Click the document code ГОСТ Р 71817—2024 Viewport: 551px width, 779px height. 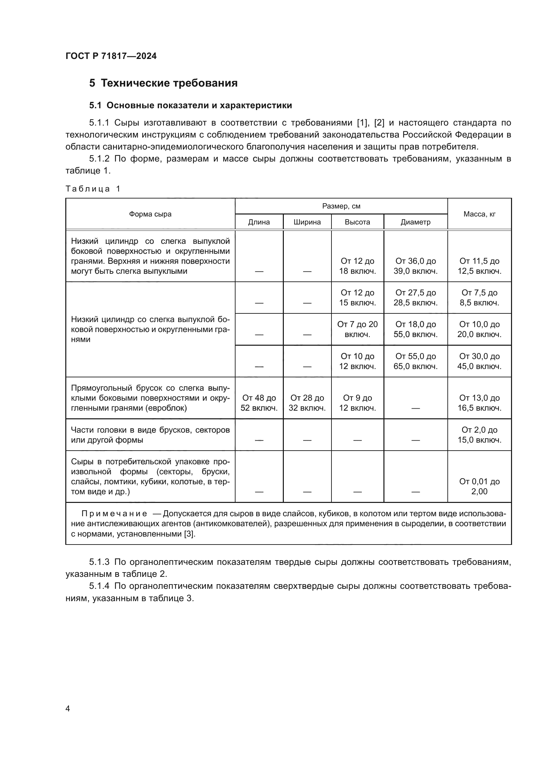pos(111,56)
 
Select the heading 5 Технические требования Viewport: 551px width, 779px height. pos(163,83)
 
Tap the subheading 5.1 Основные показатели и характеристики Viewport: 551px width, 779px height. pos(190,106)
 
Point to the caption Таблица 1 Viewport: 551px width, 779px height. pos(93,189)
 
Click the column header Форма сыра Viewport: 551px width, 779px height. pos(150,214)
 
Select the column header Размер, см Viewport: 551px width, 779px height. pos(341,206)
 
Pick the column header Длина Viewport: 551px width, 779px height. pos(259,222)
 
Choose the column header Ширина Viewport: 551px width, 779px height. pos(307,222)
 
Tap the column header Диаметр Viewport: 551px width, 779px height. pos(415,222)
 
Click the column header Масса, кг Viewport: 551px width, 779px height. pos(479,214)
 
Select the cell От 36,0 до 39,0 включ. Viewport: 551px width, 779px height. pos(415,266)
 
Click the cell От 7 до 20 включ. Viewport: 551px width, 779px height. pos(357,329)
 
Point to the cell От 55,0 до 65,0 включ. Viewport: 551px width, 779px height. pos(415,361)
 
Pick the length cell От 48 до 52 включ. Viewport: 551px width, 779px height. pos(259,403)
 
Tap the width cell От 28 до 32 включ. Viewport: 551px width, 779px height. pos(307,403)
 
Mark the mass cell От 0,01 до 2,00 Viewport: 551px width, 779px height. pos(479,486)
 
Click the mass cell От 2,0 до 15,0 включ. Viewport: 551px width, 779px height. pos(479,435)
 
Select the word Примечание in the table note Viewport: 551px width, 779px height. pos(114,514)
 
